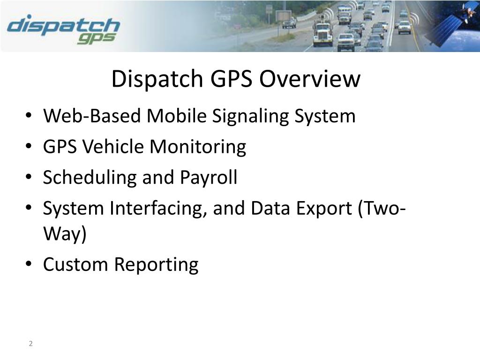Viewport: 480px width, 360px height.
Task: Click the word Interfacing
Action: [158, 208]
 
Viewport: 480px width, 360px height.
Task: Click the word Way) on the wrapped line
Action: [65, 234]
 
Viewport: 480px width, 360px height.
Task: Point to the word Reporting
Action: [156, 264]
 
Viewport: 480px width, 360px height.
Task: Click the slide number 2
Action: [30, 344]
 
